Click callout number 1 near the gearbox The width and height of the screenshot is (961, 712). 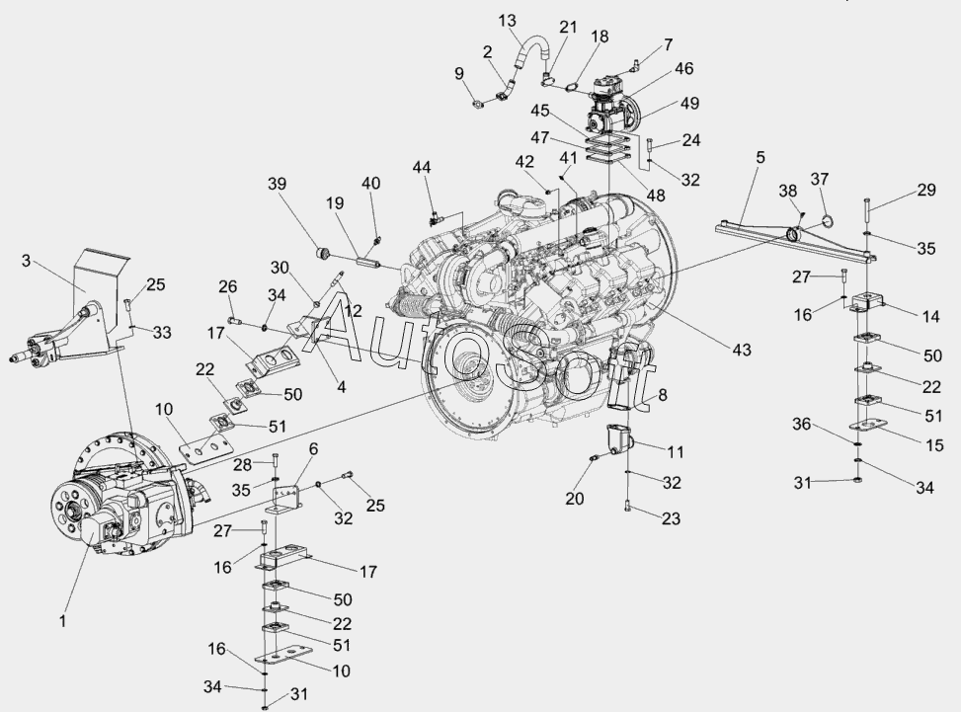62,622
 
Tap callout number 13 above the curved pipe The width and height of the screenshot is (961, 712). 508,20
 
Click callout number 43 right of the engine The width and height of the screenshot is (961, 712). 742,350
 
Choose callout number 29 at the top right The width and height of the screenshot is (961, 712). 925,190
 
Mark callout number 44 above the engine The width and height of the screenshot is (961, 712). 422,168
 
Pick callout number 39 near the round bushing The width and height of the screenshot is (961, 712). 277,185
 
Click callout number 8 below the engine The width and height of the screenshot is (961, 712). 662,395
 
